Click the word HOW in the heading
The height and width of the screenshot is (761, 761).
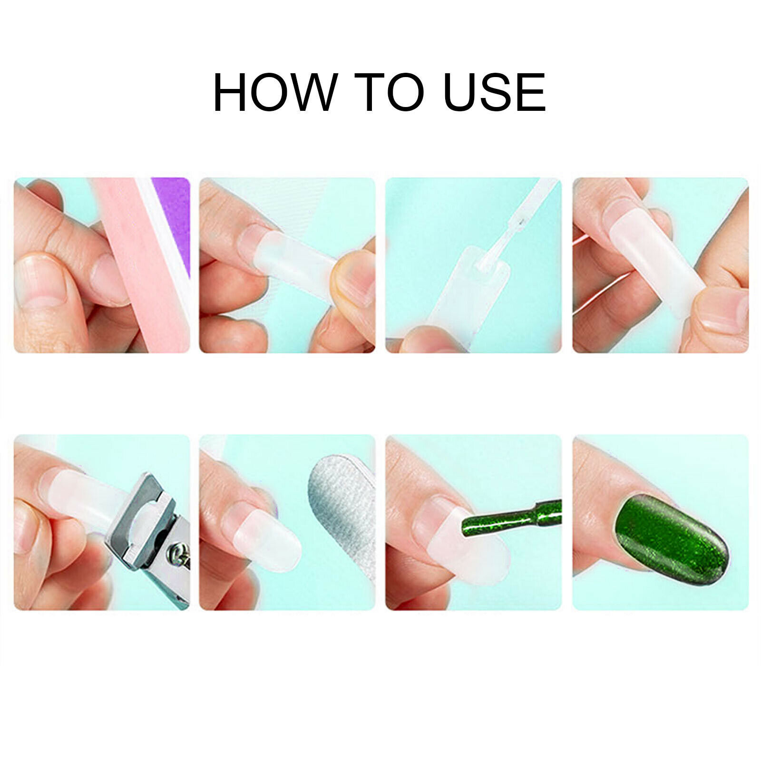274,92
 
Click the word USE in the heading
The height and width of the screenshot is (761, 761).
495,92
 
